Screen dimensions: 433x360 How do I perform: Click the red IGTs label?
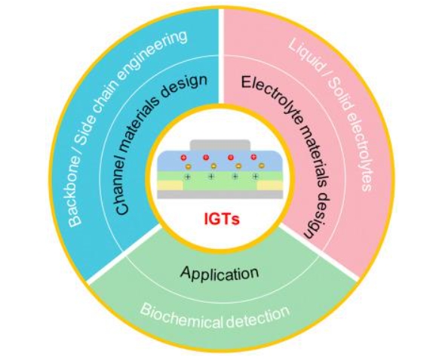222,219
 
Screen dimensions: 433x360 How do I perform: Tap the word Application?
220,272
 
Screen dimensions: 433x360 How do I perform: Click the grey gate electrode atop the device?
220,145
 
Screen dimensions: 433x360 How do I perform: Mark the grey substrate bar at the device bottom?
220,194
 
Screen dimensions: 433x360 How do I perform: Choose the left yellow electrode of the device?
170,185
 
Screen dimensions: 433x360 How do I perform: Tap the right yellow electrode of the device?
270,186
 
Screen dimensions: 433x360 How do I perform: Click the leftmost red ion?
183,158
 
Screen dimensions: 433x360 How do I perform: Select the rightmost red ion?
253,157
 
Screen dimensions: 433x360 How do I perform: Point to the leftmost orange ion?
188,166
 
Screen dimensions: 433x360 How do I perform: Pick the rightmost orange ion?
262,166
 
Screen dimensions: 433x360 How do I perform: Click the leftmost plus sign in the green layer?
188,177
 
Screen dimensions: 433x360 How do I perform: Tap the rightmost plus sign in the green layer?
256,177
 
